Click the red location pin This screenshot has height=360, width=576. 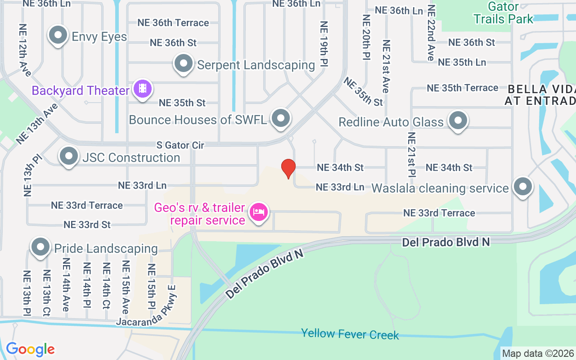pyautogui.click(x=288, y=169)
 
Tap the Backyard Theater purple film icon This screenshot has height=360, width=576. pyautogui.click(x=143, y=89)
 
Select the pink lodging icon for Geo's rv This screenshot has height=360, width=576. pyautogui.click(x=259, y=211)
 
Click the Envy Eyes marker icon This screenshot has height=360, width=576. pyautogui.click(x=58, y=36)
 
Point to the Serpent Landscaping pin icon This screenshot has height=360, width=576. pyautogui.click(x=183, y=63)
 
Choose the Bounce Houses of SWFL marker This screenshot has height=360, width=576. pyautogui.click(x=281, y=118)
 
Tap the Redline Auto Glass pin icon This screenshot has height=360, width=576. pyautogui.click(x=459, y=120)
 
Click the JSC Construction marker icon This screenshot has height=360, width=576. pyautogui.click(x=68, y=156)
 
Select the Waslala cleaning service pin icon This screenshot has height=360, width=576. pyautogui.click(x=522, y=186)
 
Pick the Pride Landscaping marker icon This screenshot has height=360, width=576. pyautogui.click(x=40, y=247)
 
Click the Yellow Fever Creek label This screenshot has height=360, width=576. pyautogui.click(x=350, y=334)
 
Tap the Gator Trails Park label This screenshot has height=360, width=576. pyautogui.click(x=503, y=13)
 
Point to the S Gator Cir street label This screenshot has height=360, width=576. pyautogui.click(x=180, y=145)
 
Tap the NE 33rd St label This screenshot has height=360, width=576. pyautogui.click(x=87, y=225)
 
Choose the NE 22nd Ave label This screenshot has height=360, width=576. pyautogui.click(x=431, y=33)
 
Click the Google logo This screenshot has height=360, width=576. pyautogui.click(x=30, y=349)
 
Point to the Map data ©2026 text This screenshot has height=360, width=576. pyautogui.click(x=538, y=354)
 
